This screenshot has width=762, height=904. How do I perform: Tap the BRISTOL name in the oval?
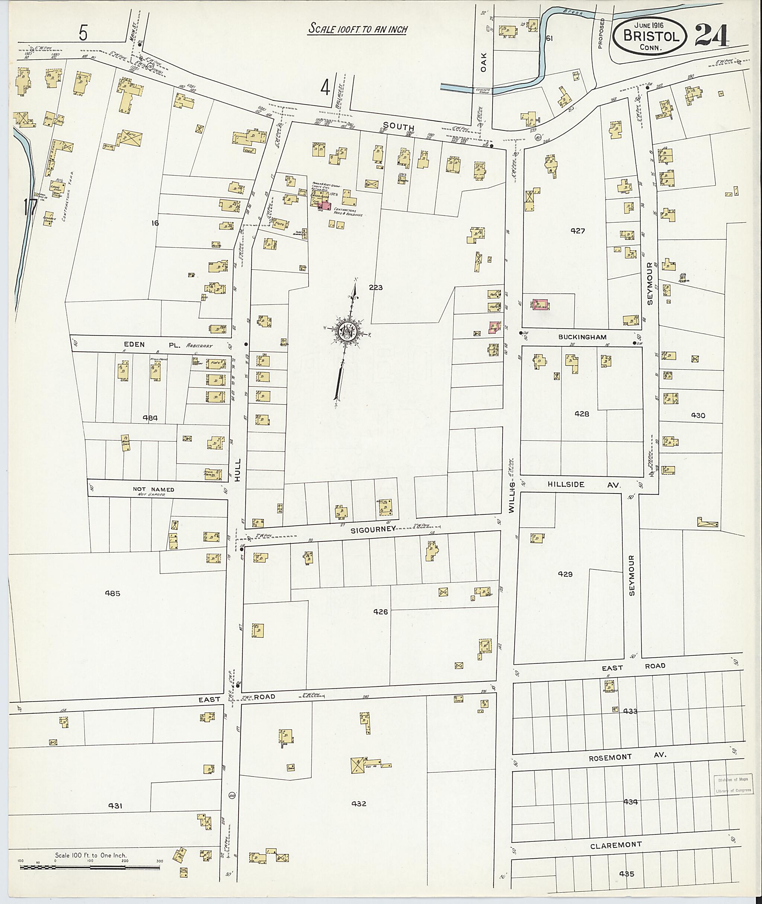pos(649,36)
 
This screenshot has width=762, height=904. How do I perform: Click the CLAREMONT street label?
pos(615,845)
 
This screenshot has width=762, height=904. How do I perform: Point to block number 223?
pos(375,287)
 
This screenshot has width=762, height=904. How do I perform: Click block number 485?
pos(113,593)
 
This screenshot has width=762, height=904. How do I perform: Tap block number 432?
pos(359,804)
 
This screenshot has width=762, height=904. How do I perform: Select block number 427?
pos(577,231)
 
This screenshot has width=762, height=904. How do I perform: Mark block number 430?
pos(698,415)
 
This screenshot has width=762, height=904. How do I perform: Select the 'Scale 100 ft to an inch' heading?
pos(357,29)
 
